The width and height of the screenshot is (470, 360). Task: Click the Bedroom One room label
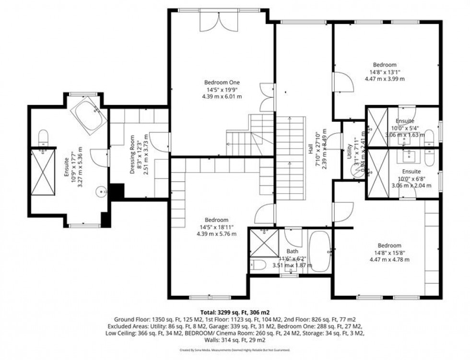pyautogui.click(x=222, y=82)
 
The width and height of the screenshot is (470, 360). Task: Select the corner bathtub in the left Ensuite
pyautogui.click(x=89, y=116)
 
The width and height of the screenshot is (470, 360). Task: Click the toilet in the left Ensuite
pyautogui.click(x=43, y=137)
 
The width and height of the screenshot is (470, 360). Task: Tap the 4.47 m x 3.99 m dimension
pyautogui.click(x=385, y=79)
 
